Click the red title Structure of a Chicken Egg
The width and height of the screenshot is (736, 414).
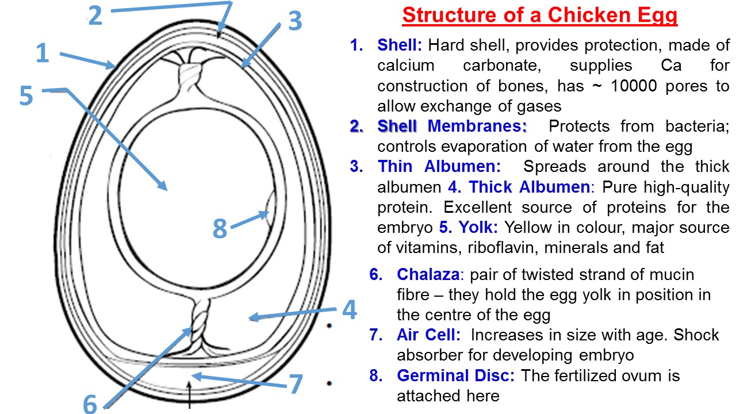click(540, 16)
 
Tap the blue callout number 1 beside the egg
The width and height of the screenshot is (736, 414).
click(42, 53)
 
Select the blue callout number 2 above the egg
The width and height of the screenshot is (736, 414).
click(95, 15)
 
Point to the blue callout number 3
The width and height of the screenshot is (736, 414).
click(294, 21)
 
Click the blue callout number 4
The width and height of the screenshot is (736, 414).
click(349, 310)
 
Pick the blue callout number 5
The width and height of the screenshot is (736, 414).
click(26, 96)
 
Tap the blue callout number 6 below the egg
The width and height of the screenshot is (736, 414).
click(90, 404)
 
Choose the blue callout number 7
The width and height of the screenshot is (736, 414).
click(296, 384)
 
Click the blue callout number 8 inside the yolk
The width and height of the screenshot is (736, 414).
click(220, 229)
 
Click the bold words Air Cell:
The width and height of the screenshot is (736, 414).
click(428, 335)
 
